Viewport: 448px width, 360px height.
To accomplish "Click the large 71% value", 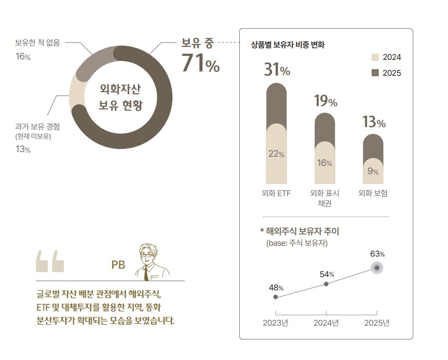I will pyautogui.click(x=200, y=65).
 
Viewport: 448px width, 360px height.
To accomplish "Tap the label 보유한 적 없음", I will pyautogui.click(x=37, y=43).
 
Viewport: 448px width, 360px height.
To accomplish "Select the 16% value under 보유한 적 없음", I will pyautogui.click(x=23, y=56).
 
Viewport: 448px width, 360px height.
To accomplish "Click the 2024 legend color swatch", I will pyautogui.click(x=375, y=57).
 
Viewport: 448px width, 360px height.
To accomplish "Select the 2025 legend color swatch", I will pyautogui.click(x=375, y=73).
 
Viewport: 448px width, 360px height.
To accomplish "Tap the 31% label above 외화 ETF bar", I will pyautogui.click(x=277, y=70).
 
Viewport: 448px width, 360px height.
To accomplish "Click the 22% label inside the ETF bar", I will pyautogui.click(x=276, y=154).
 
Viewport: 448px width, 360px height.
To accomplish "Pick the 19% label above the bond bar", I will pyautogui.click(x=325, y=101).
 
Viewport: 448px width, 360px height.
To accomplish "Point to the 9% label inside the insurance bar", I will pyautogui.click(x=373, y=172).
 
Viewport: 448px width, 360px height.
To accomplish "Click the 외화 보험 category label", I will pyautogui.click(x=373, y=193).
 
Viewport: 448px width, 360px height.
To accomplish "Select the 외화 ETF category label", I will pyautogui.click(x=276, y=193).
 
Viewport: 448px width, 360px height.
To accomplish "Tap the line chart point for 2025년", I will pyautogui.click(x=377, y=268).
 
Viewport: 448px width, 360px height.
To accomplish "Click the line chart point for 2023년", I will pyautogui.click(x=276, y=297).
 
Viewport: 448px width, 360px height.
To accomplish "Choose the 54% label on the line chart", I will pyautogui.click(x=327, y=274).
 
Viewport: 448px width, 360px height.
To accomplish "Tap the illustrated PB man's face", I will pyautogui.click(x=149, y=255).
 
